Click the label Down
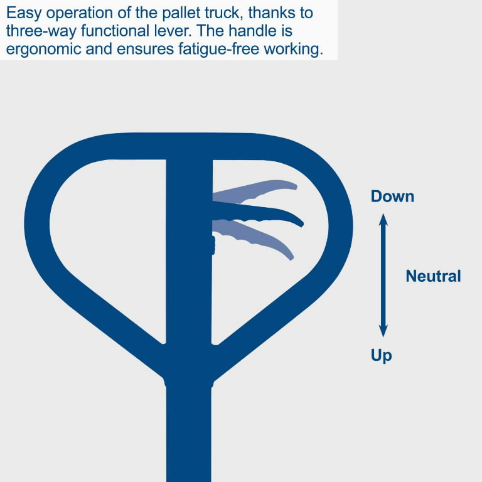pos(392,196)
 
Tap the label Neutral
pos(433,276)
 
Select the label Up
pos(381,356)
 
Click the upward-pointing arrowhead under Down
pos(384,219)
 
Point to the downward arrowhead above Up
pos(384,330)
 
